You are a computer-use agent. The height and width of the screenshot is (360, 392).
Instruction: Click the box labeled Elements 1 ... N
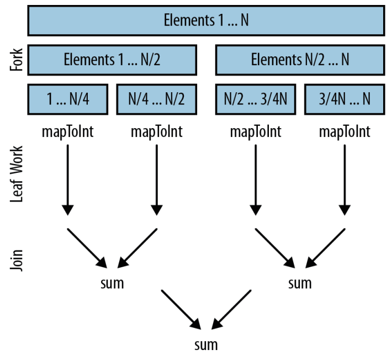point(206,20)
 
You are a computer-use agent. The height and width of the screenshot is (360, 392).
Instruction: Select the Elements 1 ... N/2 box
point(112,60)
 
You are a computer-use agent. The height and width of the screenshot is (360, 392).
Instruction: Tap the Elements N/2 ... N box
point(300,60)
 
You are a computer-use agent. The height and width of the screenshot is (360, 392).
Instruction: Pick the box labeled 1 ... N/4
point(68,99)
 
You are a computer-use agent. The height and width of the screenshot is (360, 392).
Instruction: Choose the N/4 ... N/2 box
point(156,99)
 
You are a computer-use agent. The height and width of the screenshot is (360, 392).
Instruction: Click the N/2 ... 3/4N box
point(256,99)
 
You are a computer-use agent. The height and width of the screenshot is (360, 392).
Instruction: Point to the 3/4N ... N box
point(345,99)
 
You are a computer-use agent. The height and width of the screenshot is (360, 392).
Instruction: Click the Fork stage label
point(17,60)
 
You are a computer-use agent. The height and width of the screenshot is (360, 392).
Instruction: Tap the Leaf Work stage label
point(17,174)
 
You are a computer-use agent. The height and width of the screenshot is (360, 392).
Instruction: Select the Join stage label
point(17,260)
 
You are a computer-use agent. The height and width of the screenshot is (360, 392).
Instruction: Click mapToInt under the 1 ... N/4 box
point(68,132)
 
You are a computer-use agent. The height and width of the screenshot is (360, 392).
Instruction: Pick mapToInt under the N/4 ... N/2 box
point(156,132)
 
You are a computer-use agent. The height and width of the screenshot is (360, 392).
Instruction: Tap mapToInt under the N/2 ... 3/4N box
point(256,132)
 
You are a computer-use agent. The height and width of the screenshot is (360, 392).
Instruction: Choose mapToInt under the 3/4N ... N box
point(345,132)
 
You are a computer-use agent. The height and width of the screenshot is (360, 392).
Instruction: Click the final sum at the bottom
point(206,345)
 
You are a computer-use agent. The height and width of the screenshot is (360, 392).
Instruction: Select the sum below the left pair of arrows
point(112,283)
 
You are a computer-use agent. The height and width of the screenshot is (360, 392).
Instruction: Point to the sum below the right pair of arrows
point(300,283)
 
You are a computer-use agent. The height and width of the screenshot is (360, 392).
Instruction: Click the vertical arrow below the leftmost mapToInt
point(68,180)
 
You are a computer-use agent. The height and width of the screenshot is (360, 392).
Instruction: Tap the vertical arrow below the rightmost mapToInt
point(345,180)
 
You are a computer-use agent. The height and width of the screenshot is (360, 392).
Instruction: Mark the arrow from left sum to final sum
point(181,310)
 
